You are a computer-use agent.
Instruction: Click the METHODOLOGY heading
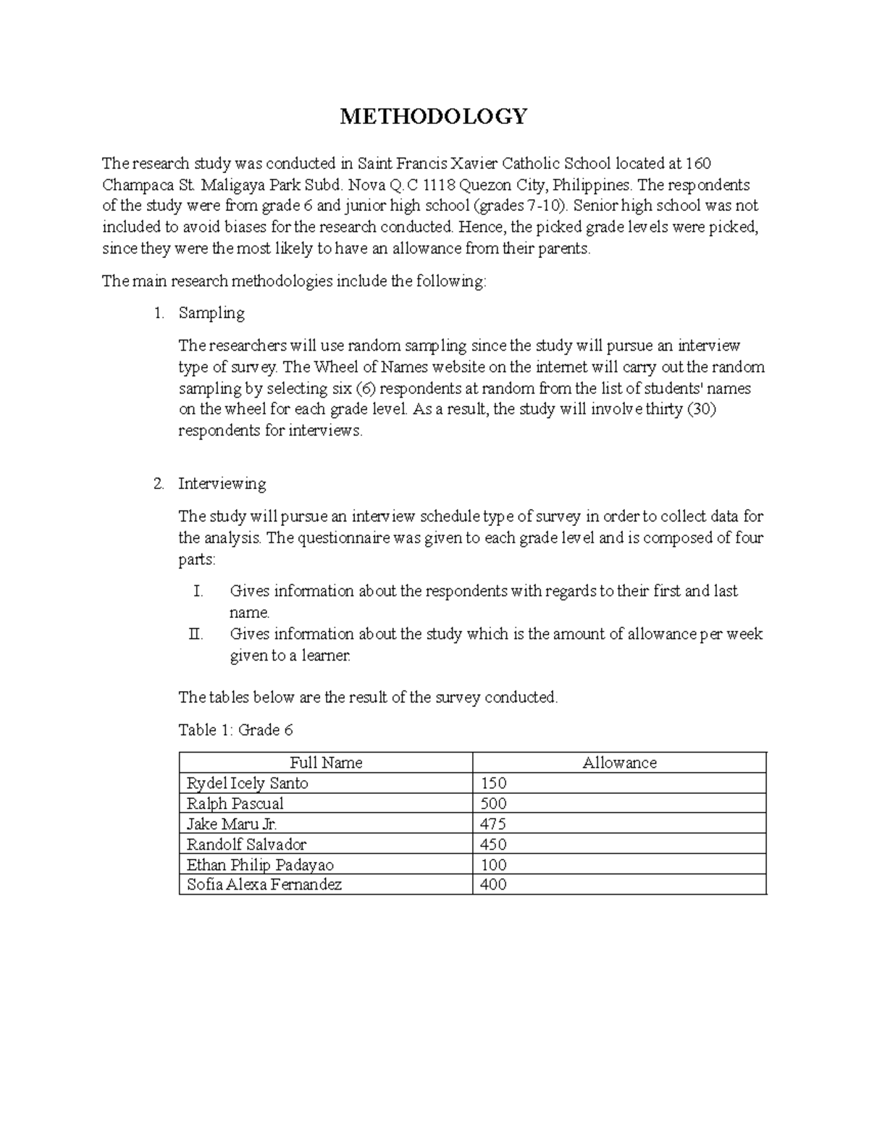(434, 116)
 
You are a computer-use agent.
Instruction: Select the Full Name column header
(326, 763)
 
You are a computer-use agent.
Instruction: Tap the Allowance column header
(619, 763)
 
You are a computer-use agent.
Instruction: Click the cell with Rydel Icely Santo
(247, 783)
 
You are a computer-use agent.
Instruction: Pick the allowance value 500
(493, 803)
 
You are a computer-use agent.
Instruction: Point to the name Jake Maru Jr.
(232, 824)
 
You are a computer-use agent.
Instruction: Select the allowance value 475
(493, 824)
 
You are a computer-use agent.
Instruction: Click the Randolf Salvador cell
(246, 844)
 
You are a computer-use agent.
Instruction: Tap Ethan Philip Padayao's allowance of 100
(493, 865)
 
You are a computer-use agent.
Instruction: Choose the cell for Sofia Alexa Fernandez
(264, 884)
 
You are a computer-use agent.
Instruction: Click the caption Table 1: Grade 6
(235, 729)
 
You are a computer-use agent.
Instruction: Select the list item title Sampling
(211, 313)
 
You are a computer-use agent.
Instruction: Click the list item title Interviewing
(222, 483)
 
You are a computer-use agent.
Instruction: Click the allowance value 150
(493, 783)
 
